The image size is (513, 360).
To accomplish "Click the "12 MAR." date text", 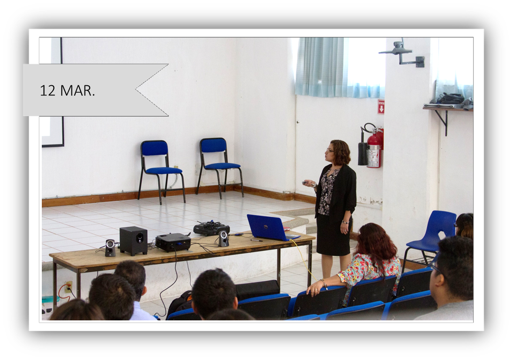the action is click(x=67, y=91).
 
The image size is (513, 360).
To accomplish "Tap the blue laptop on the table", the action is click(x=272, y=228).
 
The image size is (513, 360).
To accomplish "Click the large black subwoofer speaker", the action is click(x=133, y=241).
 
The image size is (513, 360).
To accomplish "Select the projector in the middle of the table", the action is click(x=173, y=242).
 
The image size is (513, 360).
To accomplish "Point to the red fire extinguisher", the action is click(x=375, y=147).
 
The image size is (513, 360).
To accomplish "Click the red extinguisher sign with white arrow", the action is click(x=381, y=107).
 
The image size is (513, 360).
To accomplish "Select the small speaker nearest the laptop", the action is click(x=223, y=239).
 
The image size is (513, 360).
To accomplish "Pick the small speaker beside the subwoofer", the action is click(x=110, y=248).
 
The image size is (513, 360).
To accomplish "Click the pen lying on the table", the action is click(x=256, y=241).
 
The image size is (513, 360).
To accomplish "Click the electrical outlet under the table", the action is click(x=68, y=286).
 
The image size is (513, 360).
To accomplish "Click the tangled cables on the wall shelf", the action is click(x=451, y=98).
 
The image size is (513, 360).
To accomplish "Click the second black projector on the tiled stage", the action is click(x=211, y=228).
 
